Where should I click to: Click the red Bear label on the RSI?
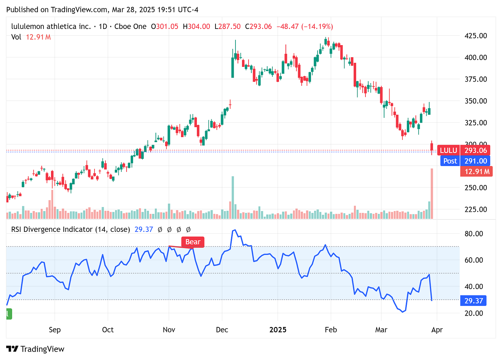193,242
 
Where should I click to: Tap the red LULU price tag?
448,150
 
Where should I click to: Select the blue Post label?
450,161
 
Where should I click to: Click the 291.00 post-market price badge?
475,161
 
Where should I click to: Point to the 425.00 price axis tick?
475,36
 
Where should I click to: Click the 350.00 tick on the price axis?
475,101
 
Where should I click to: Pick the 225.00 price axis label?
475,209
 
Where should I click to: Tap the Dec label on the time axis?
222,330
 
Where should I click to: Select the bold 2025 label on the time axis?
278,330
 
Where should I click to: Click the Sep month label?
55,330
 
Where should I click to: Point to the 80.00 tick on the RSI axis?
474,234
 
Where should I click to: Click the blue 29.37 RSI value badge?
473,301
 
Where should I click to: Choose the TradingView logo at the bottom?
35,349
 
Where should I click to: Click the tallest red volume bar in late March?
432,193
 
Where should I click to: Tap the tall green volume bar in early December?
233,197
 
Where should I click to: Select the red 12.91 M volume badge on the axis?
477,171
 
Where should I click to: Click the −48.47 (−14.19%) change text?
305,27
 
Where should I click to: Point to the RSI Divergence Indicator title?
70,229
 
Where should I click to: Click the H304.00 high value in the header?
196,27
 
